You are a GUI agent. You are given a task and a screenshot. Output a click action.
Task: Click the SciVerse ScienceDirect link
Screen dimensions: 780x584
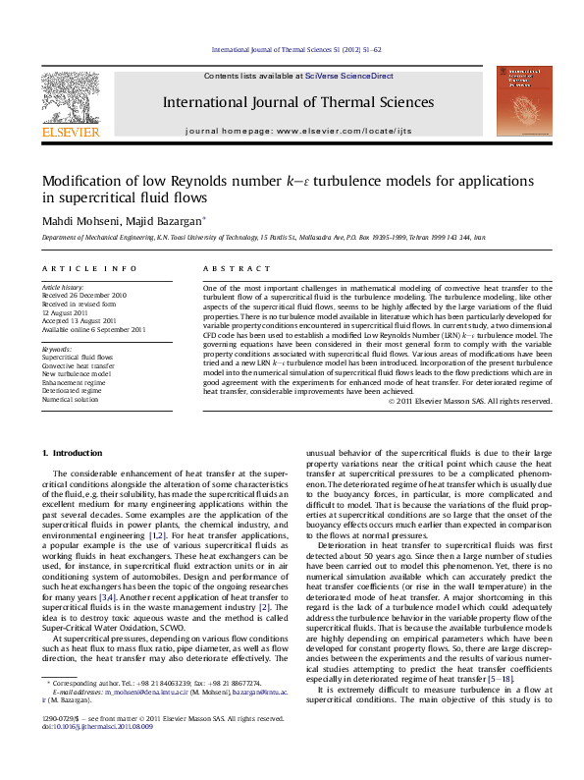[x=348, y=76]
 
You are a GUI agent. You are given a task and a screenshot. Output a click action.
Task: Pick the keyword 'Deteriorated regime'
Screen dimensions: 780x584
[x=76, y=390]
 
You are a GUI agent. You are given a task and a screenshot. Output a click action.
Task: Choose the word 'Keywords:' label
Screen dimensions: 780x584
[x=57, y=348]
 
